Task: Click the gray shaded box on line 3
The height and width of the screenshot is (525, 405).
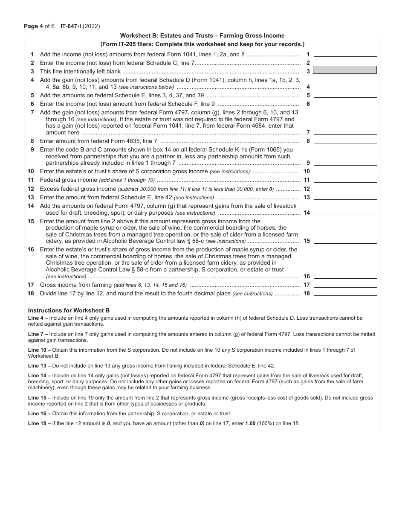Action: tap(345, 70)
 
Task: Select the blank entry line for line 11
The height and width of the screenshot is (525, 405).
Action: tap(345, 180)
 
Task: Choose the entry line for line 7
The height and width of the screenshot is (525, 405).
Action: tap(345, 133)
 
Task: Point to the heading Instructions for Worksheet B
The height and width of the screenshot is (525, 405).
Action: tap(69, 311)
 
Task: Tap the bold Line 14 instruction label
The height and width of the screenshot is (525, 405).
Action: tap(38, 375)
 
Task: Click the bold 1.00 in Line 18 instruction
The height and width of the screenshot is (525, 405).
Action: tap(252, 423)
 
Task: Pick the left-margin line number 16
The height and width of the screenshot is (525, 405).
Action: tap(31, 250)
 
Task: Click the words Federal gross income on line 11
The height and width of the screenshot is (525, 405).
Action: tap(69, 180)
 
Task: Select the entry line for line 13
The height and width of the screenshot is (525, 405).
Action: tap(345, 198)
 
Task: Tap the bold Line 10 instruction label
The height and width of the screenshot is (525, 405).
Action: tap(38, 350)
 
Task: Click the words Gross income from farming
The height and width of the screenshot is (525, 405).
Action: tap(76, 285)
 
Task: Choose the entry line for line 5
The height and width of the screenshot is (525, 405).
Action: tap(345, 96)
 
